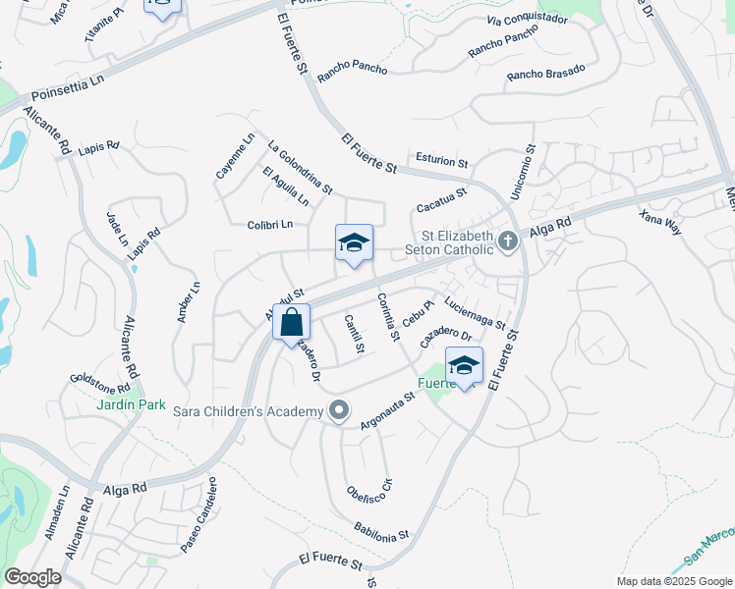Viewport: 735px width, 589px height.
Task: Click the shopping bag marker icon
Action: click(291, 321)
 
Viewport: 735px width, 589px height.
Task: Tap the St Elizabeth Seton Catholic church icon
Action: click(507, 241)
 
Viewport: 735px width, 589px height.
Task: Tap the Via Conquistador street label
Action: click(527, 21)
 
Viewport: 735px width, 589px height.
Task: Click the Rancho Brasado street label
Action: click(545, 73)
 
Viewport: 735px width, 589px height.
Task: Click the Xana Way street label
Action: click(659, 222)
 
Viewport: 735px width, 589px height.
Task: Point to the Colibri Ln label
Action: click(270, 224)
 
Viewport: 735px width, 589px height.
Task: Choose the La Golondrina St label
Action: click(300, 165)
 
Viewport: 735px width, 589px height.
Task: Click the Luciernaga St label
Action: click(475, 313)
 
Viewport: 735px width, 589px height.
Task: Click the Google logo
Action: click(32, 577)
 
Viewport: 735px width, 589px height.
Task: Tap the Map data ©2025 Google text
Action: click(673, 581)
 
